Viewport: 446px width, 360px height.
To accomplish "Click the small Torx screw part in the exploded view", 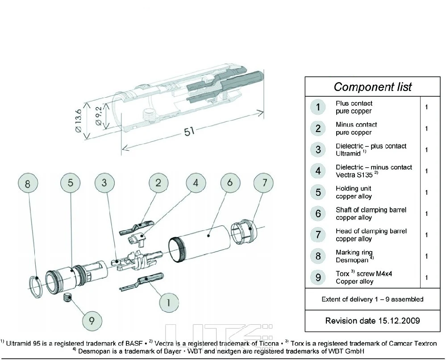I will point(68,298).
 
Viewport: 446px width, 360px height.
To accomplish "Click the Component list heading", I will point(372,87).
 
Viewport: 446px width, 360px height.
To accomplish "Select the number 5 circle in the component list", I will point(318,193).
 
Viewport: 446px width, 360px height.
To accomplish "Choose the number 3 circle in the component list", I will point(318,150).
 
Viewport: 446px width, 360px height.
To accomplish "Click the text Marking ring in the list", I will point(354,252).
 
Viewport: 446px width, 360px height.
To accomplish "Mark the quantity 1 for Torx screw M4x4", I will point(427,277).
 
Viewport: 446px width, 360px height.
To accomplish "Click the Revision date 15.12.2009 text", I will point(372,321).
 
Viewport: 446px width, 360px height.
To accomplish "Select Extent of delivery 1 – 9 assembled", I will point(372,299).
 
